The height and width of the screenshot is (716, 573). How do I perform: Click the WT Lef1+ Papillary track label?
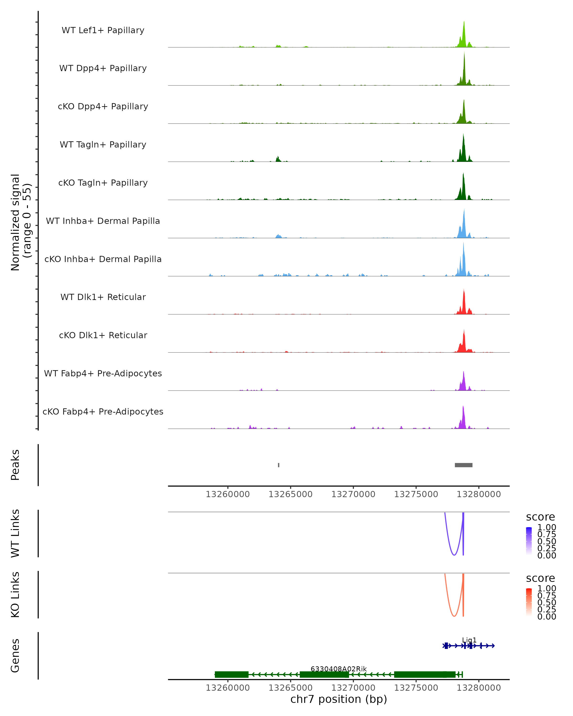pyautogui.click(x=103, y=30)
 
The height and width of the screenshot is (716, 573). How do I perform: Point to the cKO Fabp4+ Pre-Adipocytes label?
pyautogui.click(x=103, y=411)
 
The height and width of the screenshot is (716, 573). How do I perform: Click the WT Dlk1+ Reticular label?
pyautogui.click(x=103, y=297)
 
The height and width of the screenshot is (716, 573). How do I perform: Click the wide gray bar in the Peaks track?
pyautogui.click(x=463, y=465)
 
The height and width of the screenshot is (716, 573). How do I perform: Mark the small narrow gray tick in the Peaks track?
pyautogui.click(x=278, y=465)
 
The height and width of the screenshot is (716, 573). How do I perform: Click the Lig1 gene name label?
pyautogui.click(x=469, y=640)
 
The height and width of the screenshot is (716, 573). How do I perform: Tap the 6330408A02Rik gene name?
pyautogui.click(x=339, y=669)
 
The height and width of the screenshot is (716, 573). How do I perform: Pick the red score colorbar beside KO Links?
pyautogui.click(x=529, y=602)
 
